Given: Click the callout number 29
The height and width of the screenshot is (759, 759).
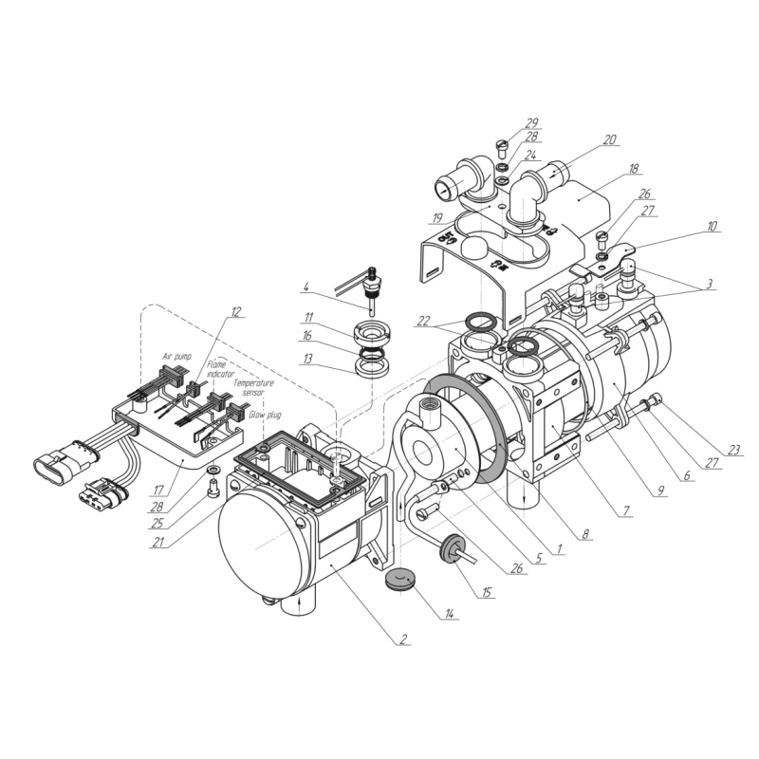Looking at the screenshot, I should [x=531, y=123].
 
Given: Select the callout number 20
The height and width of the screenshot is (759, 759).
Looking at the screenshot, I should [x=609, y=139].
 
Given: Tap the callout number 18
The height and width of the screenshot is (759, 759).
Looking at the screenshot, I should [x=633, y=169].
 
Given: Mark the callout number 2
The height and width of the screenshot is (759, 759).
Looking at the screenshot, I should [x=402, y=637].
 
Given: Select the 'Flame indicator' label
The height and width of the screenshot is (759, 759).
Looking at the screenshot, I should [x=216, y=368].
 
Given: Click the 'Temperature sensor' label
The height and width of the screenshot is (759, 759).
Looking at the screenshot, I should [x=253, y=386].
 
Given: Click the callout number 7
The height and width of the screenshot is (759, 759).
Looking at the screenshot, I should [x=625, y=510].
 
